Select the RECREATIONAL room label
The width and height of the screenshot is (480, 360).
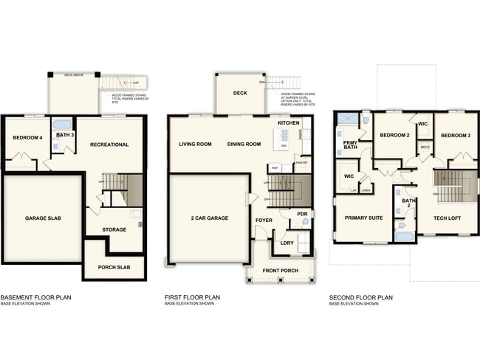109,145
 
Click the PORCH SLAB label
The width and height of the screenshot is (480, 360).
114,267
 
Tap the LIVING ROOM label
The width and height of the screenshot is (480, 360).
196,144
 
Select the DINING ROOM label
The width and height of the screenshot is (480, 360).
244,144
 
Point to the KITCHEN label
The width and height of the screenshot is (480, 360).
289,122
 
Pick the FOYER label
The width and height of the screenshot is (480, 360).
264,220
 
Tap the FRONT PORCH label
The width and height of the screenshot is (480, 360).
280,271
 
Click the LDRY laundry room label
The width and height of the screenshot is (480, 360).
288,243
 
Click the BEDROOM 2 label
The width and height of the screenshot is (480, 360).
394,136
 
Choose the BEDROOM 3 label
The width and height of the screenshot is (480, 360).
455,136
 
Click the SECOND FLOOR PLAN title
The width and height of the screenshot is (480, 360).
361,298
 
